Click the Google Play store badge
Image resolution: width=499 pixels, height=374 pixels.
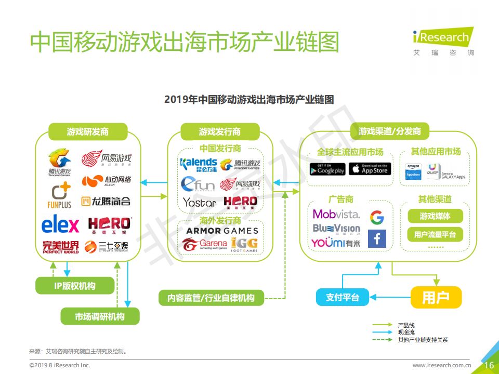(x=327, y=169)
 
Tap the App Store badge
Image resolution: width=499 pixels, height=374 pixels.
(x=370, y=169)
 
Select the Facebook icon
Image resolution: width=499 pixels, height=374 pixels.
(x=377, y=239)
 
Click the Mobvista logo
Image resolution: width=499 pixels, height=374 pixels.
(x=336, y=214)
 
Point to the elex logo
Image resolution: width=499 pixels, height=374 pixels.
(x=60, y=225)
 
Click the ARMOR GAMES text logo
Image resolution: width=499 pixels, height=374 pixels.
(x=222, y=231)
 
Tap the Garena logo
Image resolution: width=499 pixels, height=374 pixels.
(x=205, y=244)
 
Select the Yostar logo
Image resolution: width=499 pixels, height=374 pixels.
(x=199, y=202)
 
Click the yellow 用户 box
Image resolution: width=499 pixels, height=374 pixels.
(x=436, y=298)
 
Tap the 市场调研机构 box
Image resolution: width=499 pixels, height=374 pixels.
(x=100, y=316)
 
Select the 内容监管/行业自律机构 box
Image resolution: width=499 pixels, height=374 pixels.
(x=211, y=298)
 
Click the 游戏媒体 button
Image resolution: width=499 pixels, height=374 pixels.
(x=435, y=216)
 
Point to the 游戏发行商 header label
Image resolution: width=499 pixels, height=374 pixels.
(x=219, y=131)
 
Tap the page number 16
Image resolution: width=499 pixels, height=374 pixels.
(x=489, y=365)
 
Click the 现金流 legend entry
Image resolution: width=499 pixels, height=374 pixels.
(x=406, y=332)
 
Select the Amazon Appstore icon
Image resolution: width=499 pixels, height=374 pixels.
(x=413, y=171)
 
